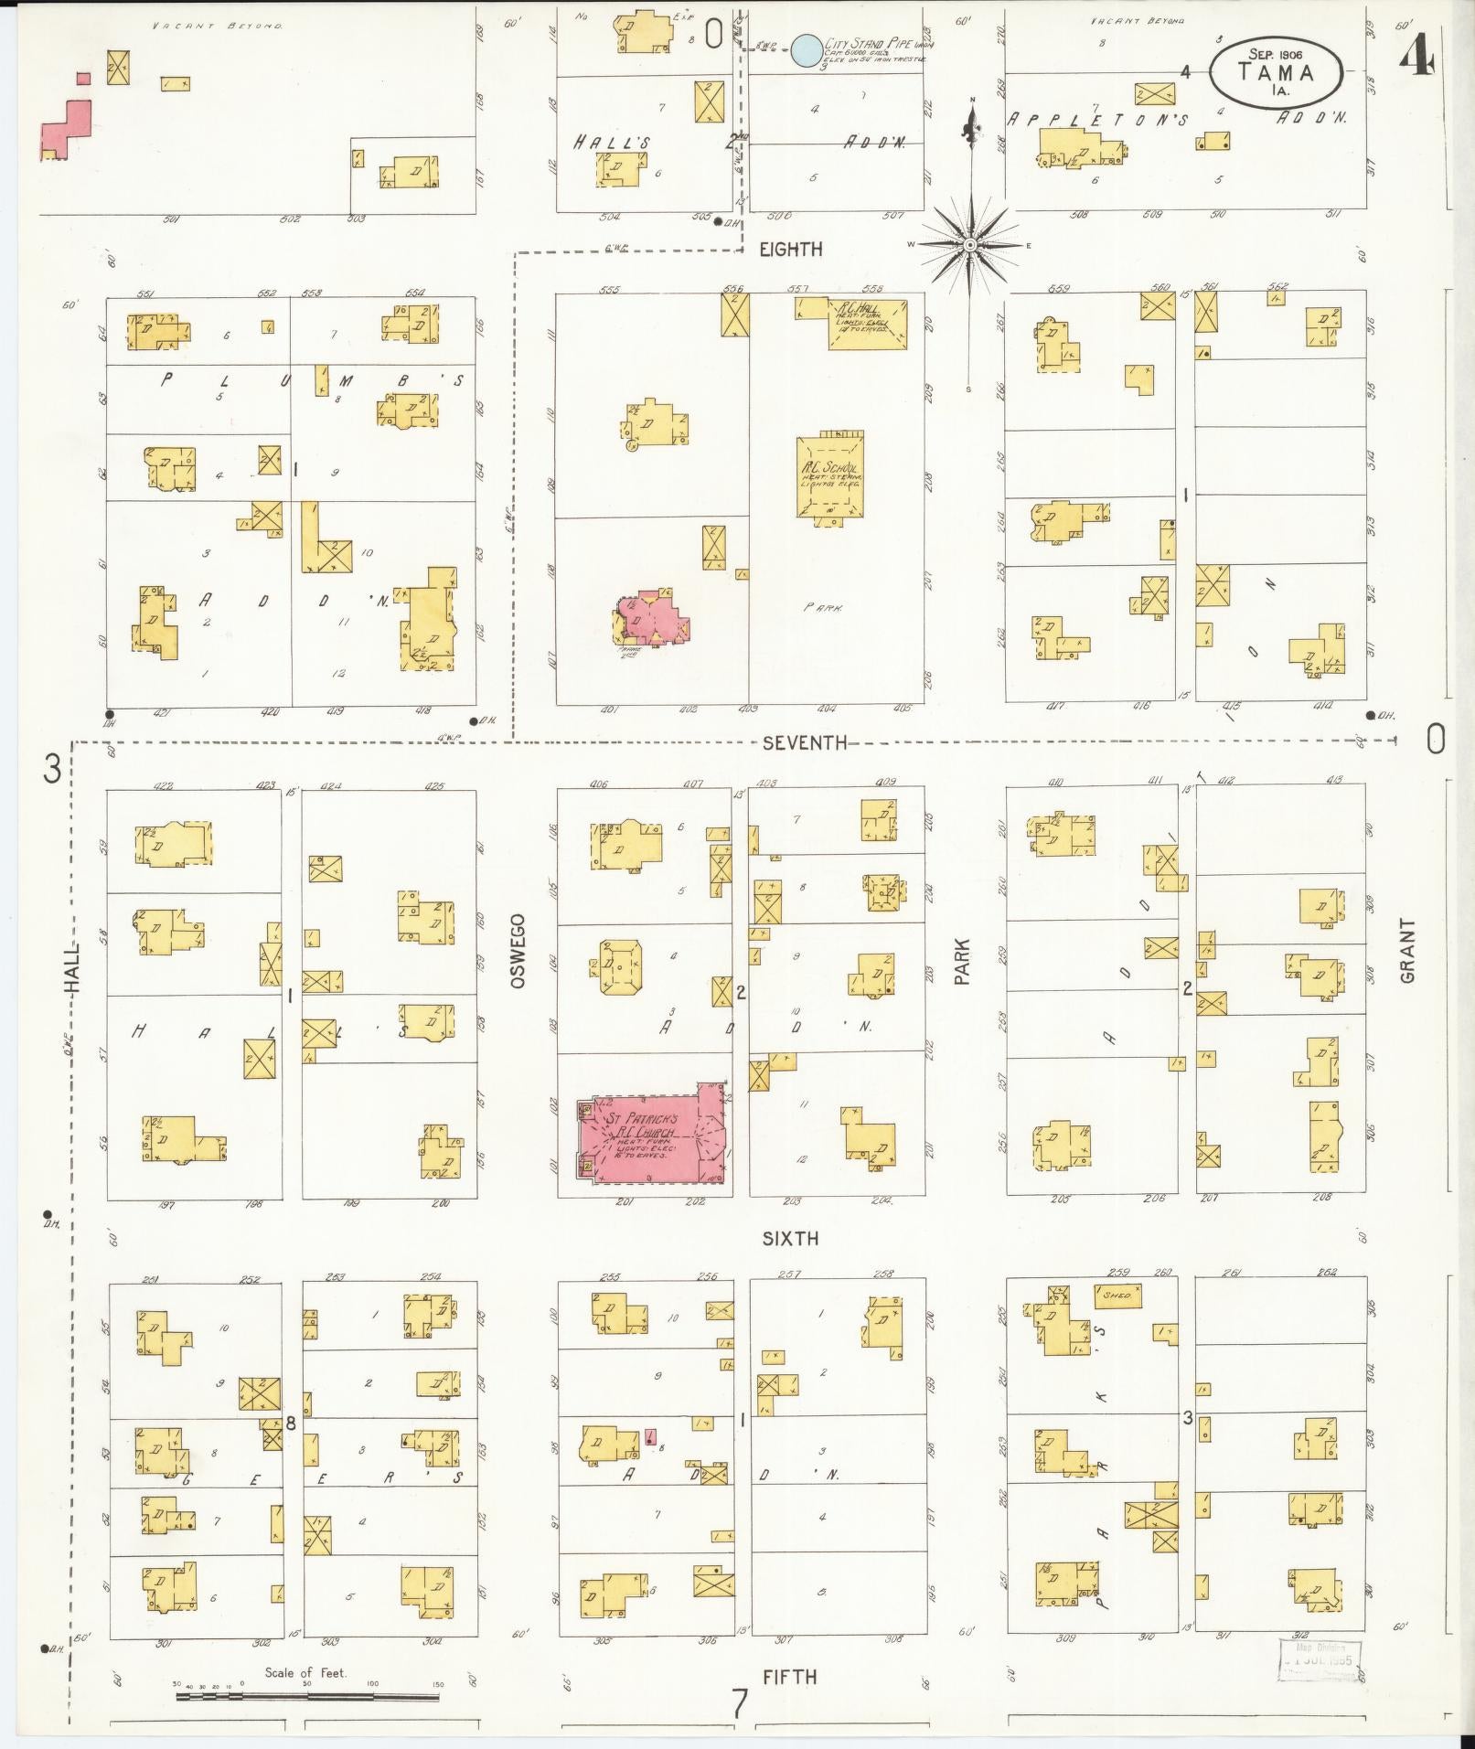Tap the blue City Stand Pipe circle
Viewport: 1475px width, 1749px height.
807,50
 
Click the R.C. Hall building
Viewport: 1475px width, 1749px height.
868,322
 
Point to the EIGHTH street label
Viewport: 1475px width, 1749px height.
790,249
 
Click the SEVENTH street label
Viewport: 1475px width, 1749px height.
805,743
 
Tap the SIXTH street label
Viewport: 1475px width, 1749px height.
790,1239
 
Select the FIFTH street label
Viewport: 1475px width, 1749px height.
790,1677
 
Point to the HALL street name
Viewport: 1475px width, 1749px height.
73,968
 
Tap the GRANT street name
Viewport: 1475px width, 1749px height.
1406,951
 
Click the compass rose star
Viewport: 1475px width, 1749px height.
969,244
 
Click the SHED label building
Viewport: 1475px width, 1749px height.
1117,1296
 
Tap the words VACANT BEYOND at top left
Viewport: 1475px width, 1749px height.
217,26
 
